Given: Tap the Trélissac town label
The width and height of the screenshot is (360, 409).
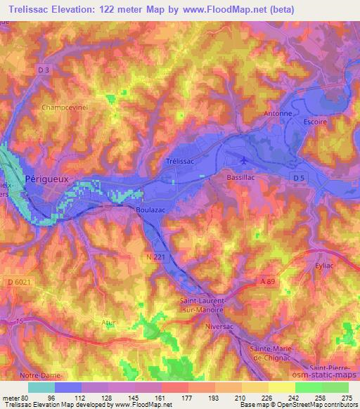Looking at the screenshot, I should pos(179,161).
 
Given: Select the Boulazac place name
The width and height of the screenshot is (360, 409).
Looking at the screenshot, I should pos(150,209).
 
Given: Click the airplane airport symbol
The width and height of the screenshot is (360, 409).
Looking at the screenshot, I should pos(243,160).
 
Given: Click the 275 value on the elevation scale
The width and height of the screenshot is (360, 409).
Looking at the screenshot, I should pos(347,397).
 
